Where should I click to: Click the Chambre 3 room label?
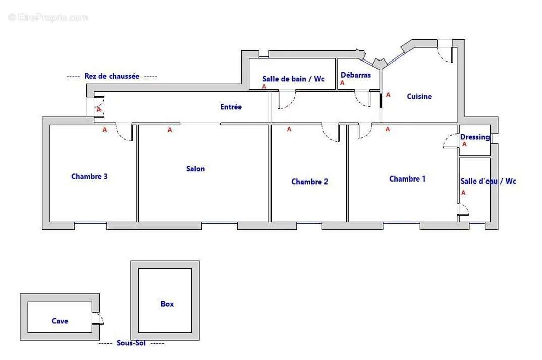(x=89, y=176)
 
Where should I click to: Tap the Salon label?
(x=195, y=169)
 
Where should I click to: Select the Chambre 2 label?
(x=309, y=182)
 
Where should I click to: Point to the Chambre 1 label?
(x=407, y=178)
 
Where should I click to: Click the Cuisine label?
(x=419, y=96)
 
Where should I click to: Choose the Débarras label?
(x=356, y=75)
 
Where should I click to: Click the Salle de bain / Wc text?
(x=293, y=79)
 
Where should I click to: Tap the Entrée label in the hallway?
(x=231, y=107)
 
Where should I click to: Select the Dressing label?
(x=474, y=137)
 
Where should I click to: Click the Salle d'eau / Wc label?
(x=488, y=181)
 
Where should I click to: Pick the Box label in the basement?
(x=167, y=304)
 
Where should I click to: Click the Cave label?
(x=60, y=321)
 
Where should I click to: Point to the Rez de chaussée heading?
(x=112, y=76)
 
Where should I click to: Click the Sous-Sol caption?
(x=131, y=343)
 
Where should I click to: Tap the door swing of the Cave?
(x=99, y=318)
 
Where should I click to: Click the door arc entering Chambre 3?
(x=123, y=133)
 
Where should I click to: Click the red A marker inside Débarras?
(x=342, y=83)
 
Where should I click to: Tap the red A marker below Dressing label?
(x=464, y=144)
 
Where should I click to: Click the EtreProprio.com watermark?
(x=48, y=17)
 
